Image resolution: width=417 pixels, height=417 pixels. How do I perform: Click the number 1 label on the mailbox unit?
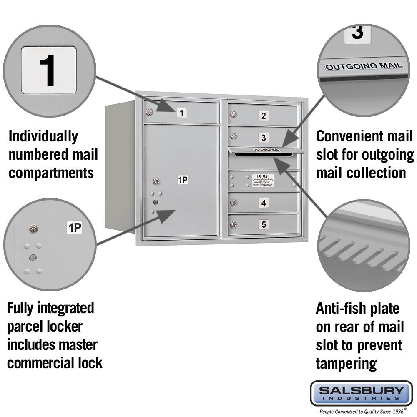(x=181, y=112)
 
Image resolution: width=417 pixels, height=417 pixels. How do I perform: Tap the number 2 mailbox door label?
(x=263, y=116)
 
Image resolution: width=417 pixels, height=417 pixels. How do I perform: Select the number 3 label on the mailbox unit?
(x=263, y=137)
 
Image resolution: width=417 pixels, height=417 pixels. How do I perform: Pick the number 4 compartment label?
(x=263, y=203)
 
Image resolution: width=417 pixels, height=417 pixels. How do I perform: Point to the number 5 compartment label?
(x=263, y=224)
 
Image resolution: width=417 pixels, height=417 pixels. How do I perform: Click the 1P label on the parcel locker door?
(x=183, y=180)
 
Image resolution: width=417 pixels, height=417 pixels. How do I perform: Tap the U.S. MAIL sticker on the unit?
(x=263, y=180)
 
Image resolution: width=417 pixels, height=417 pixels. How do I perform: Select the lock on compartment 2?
(x=234, y=115)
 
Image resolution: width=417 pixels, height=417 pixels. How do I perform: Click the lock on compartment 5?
(x=234, y=225)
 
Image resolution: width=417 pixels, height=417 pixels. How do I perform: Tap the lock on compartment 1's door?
(x=149, y=112)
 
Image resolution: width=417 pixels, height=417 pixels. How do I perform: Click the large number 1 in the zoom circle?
(x=49, y=70)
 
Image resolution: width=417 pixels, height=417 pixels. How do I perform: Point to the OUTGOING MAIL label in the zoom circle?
(x=364, y=66)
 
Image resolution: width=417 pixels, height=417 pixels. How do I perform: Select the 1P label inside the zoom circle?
(x=75, y=228)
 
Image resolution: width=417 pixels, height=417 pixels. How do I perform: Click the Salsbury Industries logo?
(x=361, y=393)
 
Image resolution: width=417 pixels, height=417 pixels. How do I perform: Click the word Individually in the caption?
(x=43, y=136)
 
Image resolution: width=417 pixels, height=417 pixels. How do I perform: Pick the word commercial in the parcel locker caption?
(x=39, y=363)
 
